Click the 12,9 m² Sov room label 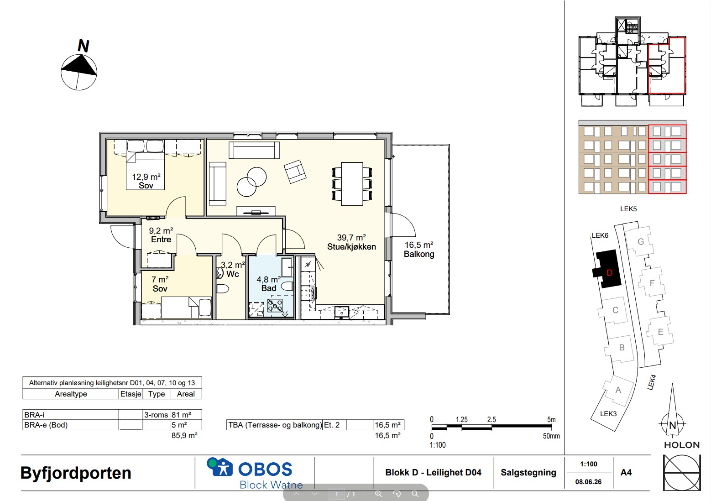[146, 181]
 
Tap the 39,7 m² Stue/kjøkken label [351, 242]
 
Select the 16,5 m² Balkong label [419, 250]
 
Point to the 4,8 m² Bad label [268, 284]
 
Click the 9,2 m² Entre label [161, 235]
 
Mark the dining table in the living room [352, 184]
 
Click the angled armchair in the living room [295, 172]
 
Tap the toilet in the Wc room [223, 289]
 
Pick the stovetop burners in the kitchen [275, 306]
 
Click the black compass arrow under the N [79, 66]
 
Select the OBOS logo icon [220, 467]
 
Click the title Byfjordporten [76, 473]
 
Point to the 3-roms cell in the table [156, 415]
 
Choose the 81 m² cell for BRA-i [181, 415]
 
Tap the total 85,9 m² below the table [184, 435]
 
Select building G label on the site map [641, 241]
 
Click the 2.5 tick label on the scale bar [491, 419]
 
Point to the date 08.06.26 [588, 482]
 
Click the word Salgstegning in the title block [528, 472]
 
